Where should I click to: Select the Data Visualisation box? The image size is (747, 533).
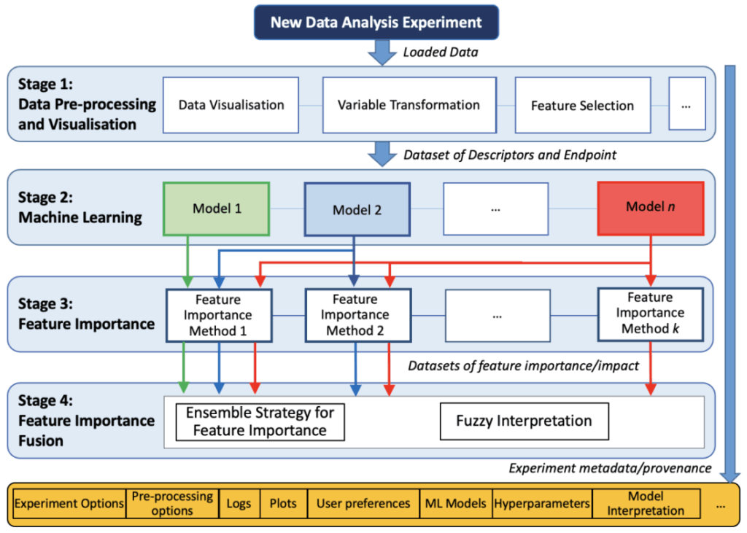pos(231,104)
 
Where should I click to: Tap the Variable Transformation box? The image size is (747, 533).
pos(409,104)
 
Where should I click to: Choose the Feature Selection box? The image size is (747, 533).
pos(582,105)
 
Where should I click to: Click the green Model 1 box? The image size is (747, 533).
pos(217,209)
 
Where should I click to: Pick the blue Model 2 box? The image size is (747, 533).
pos(357,209)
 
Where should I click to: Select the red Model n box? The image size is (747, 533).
pos(650,207)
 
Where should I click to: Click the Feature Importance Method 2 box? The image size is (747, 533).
pos(355,315)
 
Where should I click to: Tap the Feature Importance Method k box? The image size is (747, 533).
pos(650,314)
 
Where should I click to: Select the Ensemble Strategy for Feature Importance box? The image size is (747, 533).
pos(260,421)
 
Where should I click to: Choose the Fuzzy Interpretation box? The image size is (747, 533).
pos(524,421)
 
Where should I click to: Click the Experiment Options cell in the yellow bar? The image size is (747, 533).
pos(69,503)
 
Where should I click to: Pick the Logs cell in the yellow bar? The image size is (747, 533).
pos(239,503)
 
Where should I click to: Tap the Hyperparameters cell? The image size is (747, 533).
pos(542,503)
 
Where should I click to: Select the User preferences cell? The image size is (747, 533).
pos(363,503)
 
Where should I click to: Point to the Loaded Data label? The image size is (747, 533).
pos(441,52)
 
